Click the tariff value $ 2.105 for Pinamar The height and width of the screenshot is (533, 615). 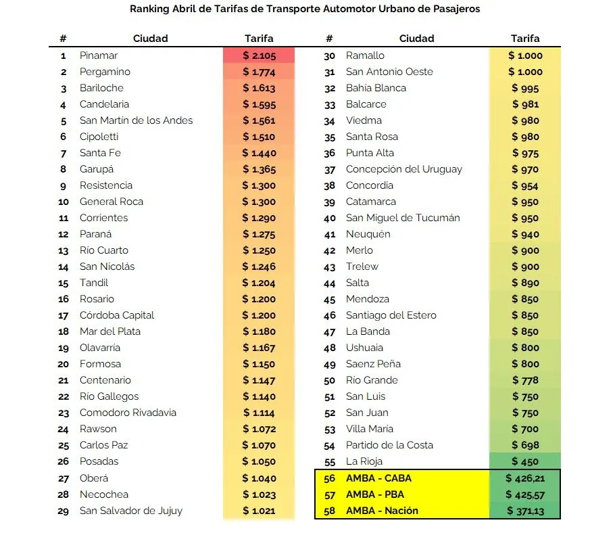pyautogui.click(x=259, y=55)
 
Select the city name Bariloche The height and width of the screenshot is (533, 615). pyautogui.click(x=101, y=88)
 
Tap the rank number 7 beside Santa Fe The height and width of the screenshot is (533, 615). pyautogui.click(x=64, y=153)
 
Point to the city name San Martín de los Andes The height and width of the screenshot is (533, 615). pyautogui.click(x=136, y=120)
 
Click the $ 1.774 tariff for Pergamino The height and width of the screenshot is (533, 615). pyautogui.click(x=259, y=72)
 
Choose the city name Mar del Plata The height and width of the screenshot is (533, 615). pyautogui.click(x=111, y=331)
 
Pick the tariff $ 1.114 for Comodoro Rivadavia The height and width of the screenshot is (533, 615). pyautogui.click(x=259, y=413)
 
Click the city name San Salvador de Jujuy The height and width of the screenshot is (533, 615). pyautogui.click(x=131, y=511)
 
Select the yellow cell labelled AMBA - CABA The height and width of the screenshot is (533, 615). pyautogui.click(x=378, y=478)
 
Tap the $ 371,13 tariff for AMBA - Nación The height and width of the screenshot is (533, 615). pyautogui.click(x=525, y=511)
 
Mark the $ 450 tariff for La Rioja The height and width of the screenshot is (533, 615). pyautogui.click(x=525, y=461)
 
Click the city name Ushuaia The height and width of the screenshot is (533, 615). pyautogui.click(x=364, y=348)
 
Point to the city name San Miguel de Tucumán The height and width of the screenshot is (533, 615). pyautogui.click(x=403, y=218)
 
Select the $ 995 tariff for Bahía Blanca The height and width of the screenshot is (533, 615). pyautogui.click(x=525, y=88)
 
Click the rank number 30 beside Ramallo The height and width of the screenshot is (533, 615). pyautogui.click(x=330, y=55)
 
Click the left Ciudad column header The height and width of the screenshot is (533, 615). pyautogui.click(x=150, y=39)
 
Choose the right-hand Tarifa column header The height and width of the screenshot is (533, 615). pyautogui.click(x=525, y=39)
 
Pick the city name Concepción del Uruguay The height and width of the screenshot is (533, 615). pyautogui.click(x=404, y=169)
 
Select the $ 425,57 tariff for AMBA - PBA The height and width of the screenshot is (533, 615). pyautogui.click(x=525, y=494)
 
